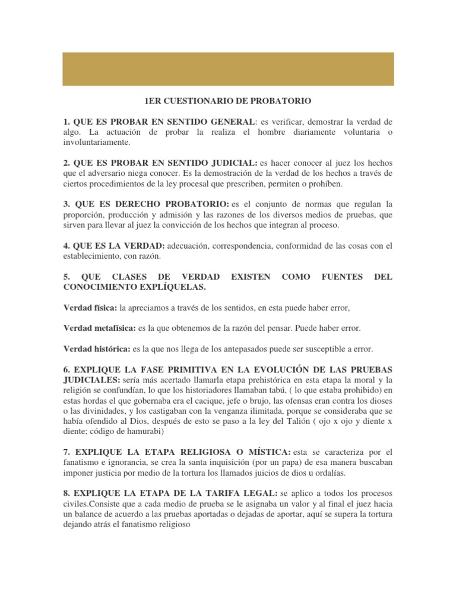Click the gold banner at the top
click(228, 69)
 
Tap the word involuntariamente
click(96, 142)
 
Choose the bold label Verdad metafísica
click(99, 328)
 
